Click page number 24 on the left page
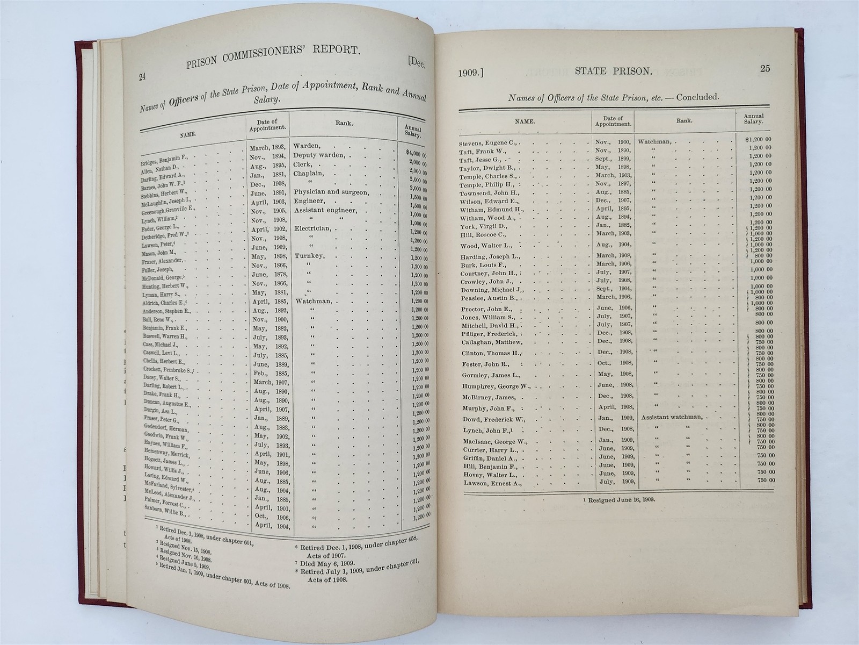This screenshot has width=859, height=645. click(142, 77)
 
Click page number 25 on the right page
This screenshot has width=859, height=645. click(765, 68)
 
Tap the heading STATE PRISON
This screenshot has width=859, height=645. click(613, 70)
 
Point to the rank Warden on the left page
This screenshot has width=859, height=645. click(307, 146)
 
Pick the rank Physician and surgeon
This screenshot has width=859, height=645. click(331, 192)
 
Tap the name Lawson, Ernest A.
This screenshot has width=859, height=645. click(492, 483)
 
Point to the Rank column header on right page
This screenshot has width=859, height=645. click(684, 121)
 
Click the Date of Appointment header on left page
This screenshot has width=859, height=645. click(267, 126)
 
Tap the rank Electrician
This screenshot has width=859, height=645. click(313, 228)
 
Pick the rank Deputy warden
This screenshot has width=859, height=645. click(321, 156)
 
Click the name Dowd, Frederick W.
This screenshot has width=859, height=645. click(493, 419)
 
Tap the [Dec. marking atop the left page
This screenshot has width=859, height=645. click(416, 63)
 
